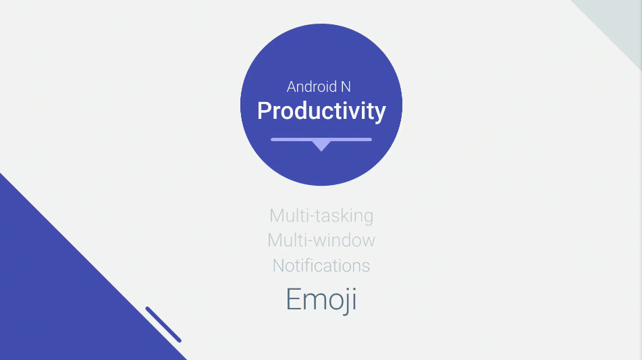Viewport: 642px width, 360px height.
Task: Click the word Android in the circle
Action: (312, 86)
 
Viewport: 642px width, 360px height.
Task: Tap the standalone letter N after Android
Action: (346, 87)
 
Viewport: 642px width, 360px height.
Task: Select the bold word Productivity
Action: (321, 111)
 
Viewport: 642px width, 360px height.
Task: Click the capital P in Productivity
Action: (264, 111)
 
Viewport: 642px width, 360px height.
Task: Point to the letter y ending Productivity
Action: (380, 113)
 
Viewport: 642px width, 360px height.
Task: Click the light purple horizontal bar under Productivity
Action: (321, 140)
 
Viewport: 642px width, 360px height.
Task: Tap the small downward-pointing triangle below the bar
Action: (321, 146)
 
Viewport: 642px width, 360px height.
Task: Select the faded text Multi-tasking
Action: (321, 216)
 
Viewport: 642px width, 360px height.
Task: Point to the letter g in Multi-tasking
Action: (369, 218)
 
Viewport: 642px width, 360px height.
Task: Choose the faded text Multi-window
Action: (321, 240)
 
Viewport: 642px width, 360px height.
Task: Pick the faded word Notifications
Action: (321, 266)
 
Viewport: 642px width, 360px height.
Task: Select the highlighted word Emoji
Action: (321, 300)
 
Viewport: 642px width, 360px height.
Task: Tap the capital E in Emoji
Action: (293, 299)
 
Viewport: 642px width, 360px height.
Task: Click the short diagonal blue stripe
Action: (163, 324)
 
